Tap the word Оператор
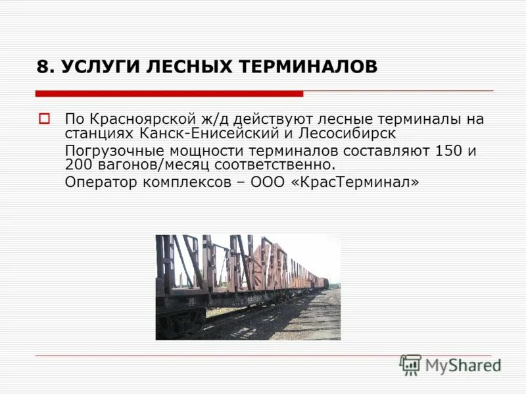[98, 182]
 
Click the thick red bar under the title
[169, 93]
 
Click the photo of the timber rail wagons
[248, 287]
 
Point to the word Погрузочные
[110, 151]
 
